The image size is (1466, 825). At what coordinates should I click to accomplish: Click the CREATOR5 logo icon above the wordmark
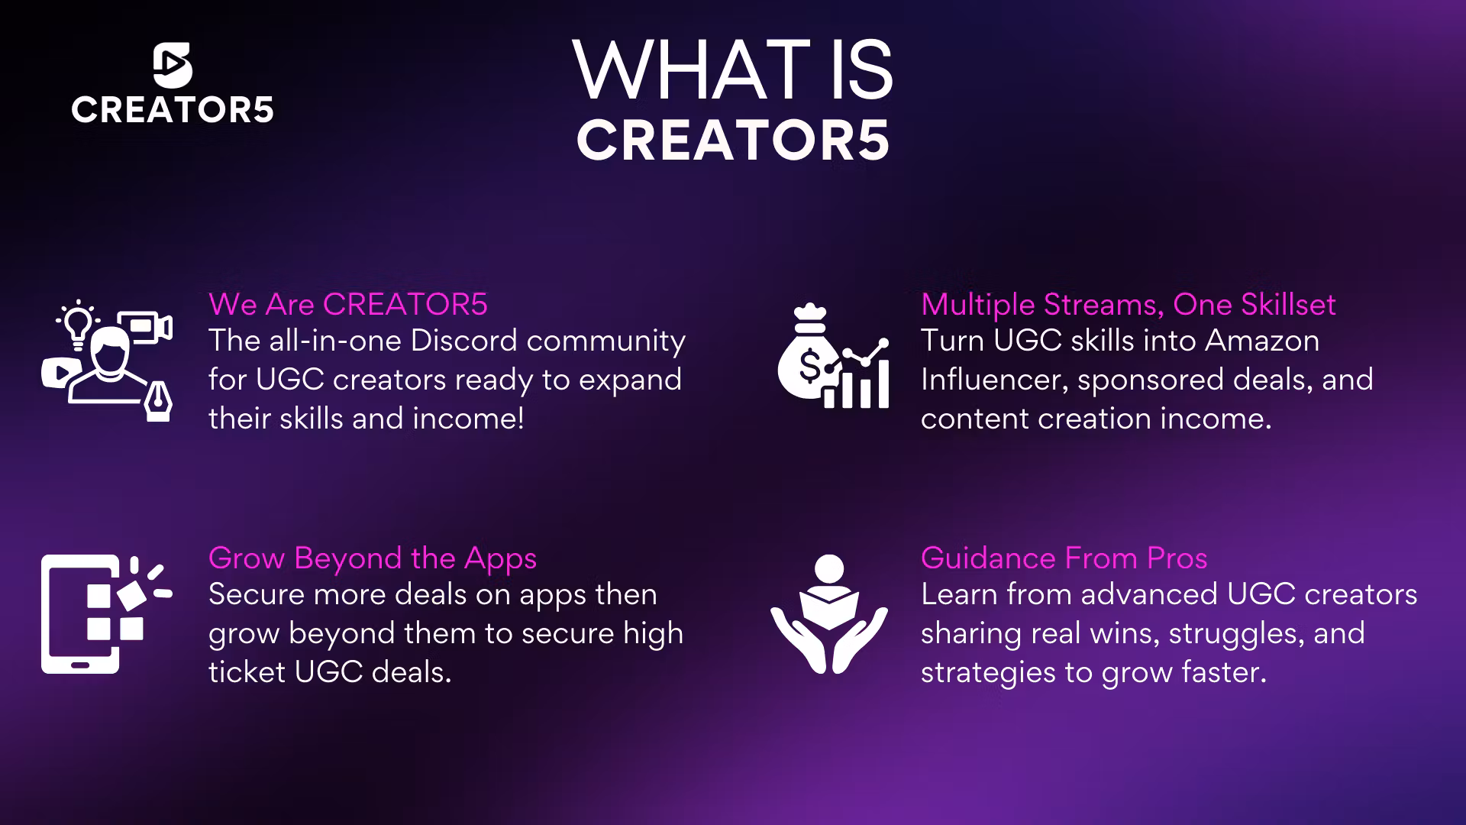[x=173, y=64]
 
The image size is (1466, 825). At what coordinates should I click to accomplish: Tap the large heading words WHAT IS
[x=733, y=70]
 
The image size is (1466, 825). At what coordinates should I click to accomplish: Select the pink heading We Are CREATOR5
[x=348, y=304]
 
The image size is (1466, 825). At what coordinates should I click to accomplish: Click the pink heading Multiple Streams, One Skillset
[x=1129, y=305]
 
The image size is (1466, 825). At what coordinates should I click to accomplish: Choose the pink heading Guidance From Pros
[x=1064, y=558]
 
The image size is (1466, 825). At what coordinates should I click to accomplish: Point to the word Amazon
[x=1262, y=341]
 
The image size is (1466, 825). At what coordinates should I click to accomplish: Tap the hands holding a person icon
[x=829, y=614]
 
